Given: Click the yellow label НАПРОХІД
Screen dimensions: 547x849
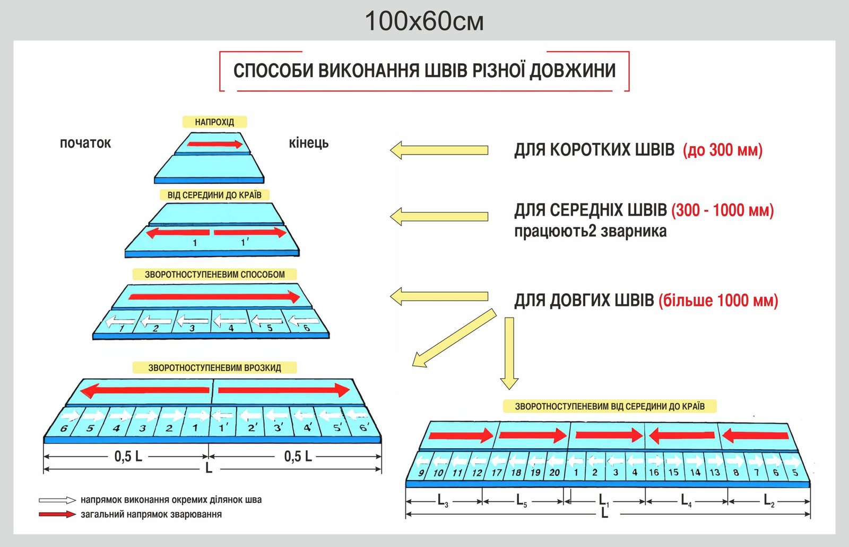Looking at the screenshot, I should tap(214, 122).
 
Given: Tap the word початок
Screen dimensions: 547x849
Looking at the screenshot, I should tap(85, 143).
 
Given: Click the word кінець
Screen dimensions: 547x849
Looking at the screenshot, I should tap(308, 143).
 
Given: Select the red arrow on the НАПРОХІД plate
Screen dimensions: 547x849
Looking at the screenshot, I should tap(215, 144).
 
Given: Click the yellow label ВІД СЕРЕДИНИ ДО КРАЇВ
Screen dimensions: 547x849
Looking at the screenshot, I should tap(214, 195).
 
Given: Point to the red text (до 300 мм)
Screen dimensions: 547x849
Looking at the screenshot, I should tap(723, 150).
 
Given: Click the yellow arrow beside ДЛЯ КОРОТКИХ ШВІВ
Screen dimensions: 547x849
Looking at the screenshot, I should tap(439, 150).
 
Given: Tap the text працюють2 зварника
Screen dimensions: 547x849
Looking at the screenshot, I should tap(590, 231).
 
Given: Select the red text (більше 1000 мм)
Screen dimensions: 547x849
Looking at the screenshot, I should tap(718, 301).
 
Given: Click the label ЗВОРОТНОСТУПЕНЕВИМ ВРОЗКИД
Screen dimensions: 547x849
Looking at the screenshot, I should tap(214, 367).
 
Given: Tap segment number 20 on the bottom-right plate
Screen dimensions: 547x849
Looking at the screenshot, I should tap(554, 472).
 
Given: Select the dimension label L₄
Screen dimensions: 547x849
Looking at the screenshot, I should tap(686, 500).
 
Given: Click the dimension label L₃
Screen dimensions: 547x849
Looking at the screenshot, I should tap(443, 500).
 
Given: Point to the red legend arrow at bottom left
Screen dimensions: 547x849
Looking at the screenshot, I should tap(57, 514).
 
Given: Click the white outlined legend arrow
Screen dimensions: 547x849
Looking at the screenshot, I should tap(57, 500).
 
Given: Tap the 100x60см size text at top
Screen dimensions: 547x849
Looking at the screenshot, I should tap(424, 22).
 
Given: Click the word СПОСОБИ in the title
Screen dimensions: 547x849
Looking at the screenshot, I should tap(273, 71).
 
